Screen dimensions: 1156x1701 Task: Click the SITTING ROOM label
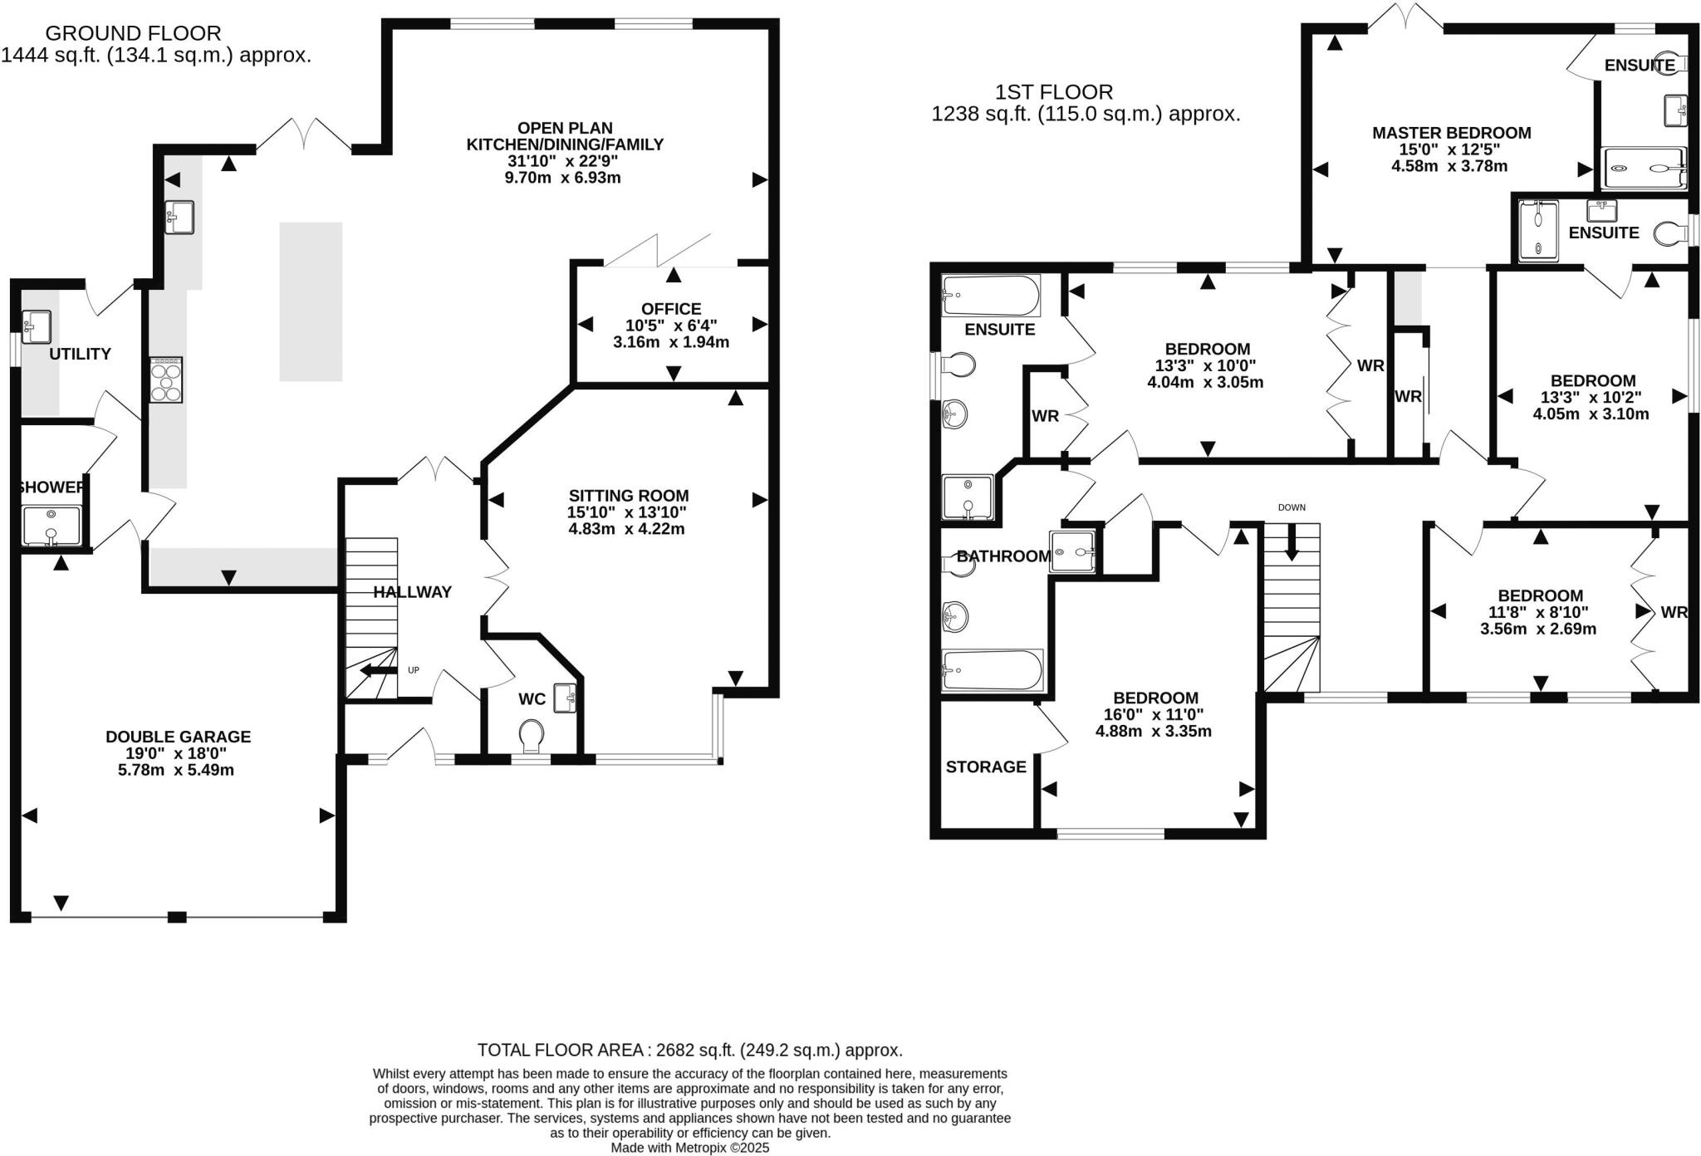629,496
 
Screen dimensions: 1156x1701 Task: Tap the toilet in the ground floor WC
531,735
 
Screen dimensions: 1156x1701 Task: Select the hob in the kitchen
166,380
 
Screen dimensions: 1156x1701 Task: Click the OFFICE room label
671,309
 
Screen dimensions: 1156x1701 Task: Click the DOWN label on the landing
1292,507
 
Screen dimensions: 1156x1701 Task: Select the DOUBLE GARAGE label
178,737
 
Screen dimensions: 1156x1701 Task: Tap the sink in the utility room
37,326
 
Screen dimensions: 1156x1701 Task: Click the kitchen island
311,301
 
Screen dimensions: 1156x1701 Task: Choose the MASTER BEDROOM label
1451,133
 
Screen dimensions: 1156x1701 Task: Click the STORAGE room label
986,767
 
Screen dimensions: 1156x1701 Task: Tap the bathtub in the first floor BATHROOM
992,670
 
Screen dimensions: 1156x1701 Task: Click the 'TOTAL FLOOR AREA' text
689,1050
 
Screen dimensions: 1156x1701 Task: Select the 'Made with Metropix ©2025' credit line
689,1148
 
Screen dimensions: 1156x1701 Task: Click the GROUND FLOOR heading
133,33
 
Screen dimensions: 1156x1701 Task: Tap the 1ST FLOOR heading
1054,92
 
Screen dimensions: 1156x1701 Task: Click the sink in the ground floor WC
566,697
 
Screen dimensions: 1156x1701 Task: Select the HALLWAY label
412,592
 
